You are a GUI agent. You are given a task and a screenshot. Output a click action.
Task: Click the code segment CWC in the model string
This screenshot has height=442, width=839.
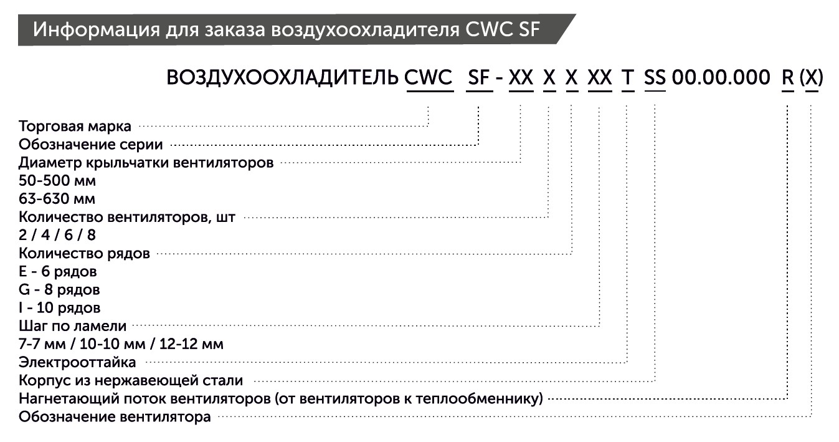point(429,78)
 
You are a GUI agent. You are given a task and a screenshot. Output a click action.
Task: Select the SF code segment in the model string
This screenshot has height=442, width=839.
point(479,78)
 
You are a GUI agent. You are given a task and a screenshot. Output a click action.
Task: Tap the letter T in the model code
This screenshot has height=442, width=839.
point(627,78)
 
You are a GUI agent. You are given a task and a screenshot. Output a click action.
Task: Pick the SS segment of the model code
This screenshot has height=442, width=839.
point(655,78)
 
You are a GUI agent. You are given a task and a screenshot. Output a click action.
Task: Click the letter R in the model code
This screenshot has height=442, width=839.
point(788,78)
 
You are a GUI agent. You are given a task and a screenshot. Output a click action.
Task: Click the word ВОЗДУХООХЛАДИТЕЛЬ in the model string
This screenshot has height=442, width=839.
point(282,78)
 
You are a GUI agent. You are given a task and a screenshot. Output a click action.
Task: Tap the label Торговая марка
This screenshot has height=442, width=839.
point(75,127)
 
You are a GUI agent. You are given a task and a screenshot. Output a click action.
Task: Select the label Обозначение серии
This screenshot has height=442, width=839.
point(91,145)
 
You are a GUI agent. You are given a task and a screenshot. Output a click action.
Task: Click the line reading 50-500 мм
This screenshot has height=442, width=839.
point(57,181)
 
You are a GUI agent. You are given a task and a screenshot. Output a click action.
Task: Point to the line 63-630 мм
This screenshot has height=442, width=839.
point(57,199)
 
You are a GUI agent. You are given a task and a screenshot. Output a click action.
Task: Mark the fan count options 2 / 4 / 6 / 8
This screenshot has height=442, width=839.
point(57,236)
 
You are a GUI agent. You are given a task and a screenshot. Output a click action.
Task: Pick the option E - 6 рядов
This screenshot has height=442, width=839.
point(58,272)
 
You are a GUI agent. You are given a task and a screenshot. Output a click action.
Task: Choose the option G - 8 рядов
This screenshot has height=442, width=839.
point(59,290)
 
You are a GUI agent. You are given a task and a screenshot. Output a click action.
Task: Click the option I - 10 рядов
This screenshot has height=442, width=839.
point(59,308)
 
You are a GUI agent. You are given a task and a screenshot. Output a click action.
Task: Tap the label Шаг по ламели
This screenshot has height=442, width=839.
point(73,326)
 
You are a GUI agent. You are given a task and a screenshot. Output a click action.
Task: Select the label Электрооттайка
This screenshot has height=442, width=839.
point(77,362)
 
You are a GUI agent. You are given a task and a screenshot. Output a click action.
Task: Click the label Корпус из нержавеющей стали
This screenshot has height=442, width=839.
point(131,380)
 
